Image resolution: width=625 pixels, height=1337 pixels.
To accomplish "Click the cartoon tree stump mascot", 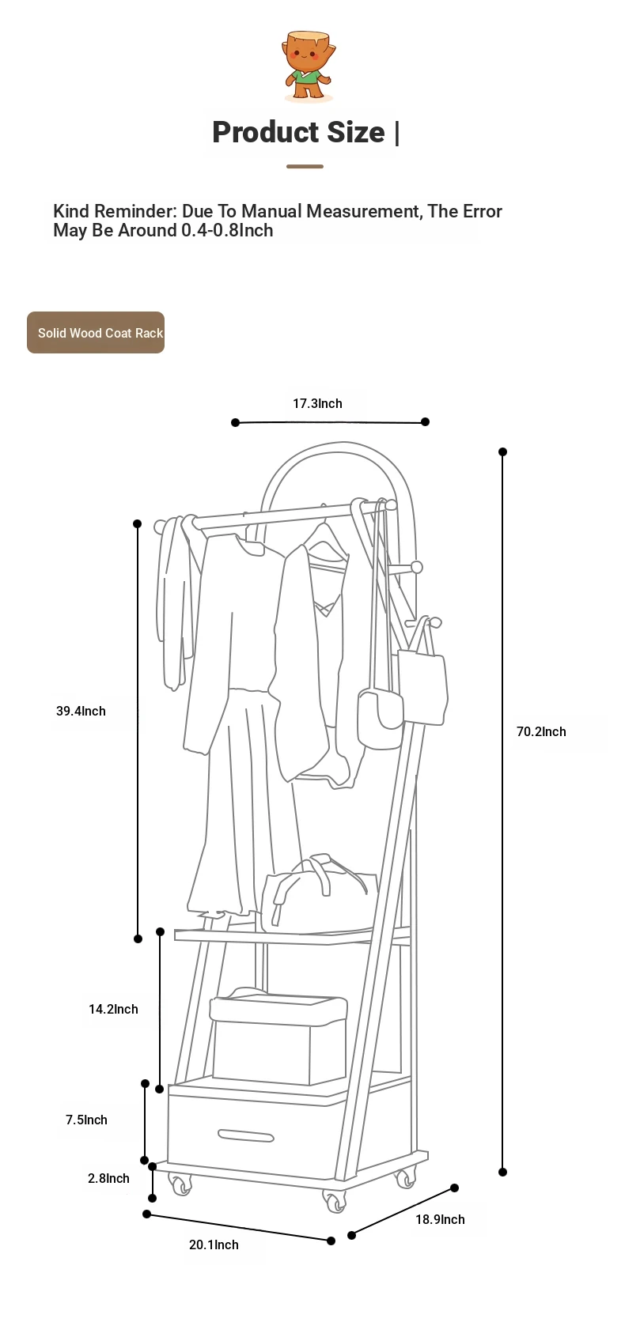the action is (x=308, y=65).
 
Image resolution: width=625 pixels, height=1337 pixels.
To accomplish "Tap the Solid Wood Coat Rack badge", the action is (x=96, y=332).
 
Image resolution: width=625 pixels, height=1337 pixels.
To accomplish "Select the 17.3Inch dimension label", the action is (x=317, y=403).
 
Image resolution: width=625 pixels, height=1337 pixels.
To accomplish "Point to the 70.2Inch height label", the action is (x=541, y=732).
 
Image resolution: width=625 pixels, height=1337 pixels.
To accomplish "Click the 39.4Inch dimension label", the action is (x=81, y=711).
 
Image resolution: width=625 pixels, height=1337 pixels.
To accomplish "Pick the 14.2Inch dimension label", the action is (x=113, y=1010).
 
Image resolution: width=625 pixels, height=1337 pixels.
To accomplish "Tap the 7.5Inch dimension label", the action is (x=87, y=1120).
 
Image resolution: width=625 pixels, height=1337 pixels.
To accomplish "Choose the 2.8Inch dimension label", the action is (x=108, y=1178).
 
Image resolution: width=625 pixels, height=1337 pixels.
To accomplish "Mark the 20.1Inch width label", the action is (x=214, y=1244).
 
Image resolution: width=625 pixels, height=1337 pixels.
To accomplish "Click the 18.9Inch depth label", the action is (x=441, y=1219).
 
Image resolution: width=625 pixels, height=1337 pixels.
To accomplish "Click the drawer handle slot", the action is (x=245, y=1135).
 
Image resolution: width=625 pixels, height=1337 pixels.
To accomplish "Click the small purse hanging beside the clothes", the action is (x=380, y=718).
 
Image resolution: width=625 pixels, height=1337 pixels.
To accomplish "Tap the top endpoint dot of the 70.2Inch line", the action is (x=502, y=451).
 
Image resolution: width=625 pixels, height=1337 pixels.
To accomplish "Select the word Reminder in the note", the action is (x=134, y=210).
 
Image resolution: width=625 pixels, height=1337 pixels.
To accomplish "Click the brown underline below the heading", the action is (x=305, y=167).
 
